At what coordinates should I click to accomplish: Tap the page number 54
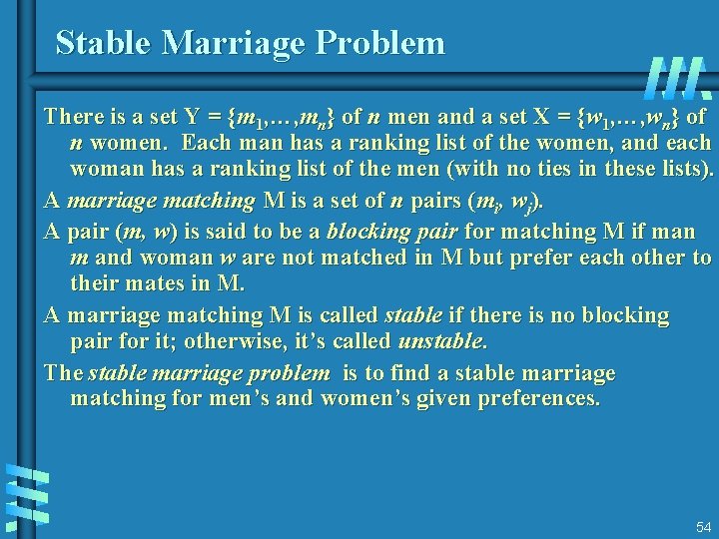click(703, 527)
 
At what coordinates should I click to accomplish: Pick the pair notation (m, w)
click(146, 232)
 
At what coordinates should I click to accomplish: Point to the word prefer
click(510, 258)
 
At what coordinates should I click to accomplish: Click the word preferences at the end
click(540, 399)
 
